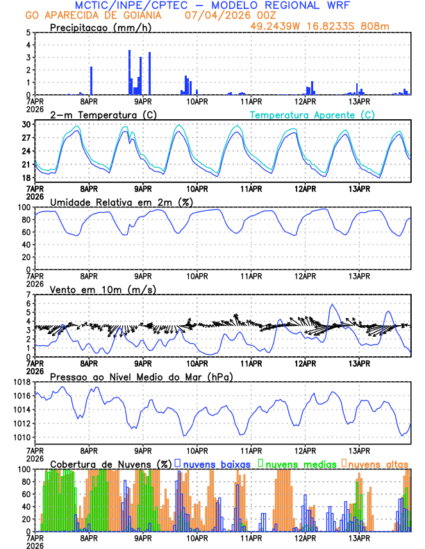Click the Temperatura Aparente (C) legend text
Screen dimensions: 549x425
312,114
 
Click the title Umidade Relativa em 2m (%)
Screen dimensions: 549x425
122,202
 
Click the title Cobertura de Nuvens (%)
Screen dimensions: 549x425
111,463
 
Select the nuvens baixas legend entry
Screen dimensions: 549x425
217,463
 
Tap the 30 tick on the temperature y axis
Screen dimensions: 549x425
25,124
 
